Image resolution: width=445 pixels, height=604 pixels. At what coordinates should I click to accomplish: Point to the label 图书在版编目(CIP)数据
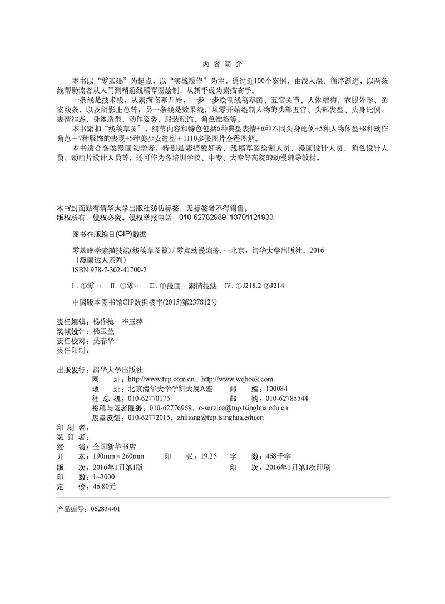pyautogui.click(x=102, y=234)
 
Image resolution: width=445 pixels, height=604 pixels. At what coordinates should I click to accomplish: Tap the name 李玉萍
pyautogui.click(x=133, y=321)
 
